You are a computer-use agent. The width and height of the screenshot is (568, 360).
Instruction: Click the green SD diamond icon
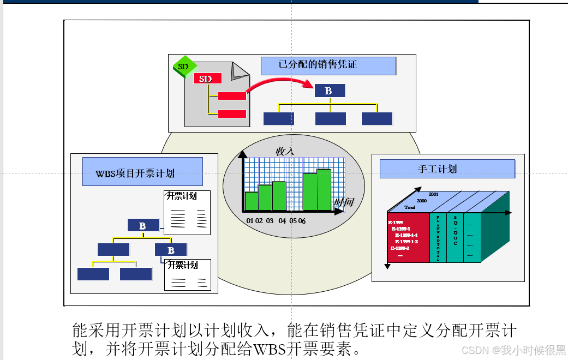pyautogui.click(x=183, y=67)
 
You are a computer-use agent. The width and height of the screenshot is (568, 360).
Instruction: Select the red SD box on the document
pyautogui.click(x=206, y=79)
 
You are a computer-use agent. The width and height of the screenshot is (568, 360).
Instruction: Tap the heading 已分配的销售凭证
pyautogui.click(x=318, y=64)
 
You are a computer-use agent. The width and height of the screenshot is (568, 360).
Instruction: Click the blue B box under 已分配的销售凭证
pyautogui.click(x=329, y=91)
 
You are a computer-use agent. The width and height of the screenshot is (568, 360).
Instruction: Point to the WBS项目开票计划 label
pyautogui.click(x=135, y=173)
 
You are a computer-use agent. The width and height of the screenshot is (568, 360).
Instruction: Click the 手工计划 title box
pyautogui.click(x=438, y=169)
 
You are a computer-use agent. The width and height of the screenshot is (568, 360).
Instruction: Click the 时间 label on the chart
pyautogui.click(x=344, y=202)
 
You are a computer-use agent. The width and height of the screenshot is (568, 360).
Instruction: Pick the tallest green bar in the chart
pyautogui.click(x=324, y=189)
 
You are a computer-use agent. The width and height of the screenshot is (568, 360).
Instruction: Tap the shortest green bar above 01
pyautogui.click(x=251, y=201)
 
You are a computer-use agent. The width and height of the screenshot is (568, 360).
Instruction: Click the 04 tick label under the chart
pyautogui.click(x=282, y=221)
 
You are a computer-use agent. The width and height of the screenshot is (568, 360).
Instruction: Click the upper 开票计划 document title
pyautogui.click(x=182, y=196)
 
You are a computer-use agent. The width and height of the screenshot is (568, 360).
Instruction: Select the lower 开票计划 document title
pyautogui.click(x=183, y=266)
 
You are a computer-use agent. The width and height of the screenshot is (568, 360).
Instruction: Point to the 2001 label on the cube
pyautogui.click(x=434, y=194)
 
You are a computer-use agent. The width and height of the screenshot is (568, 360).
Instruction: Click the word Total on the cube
pyautogui.click(x=410, y=207)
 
